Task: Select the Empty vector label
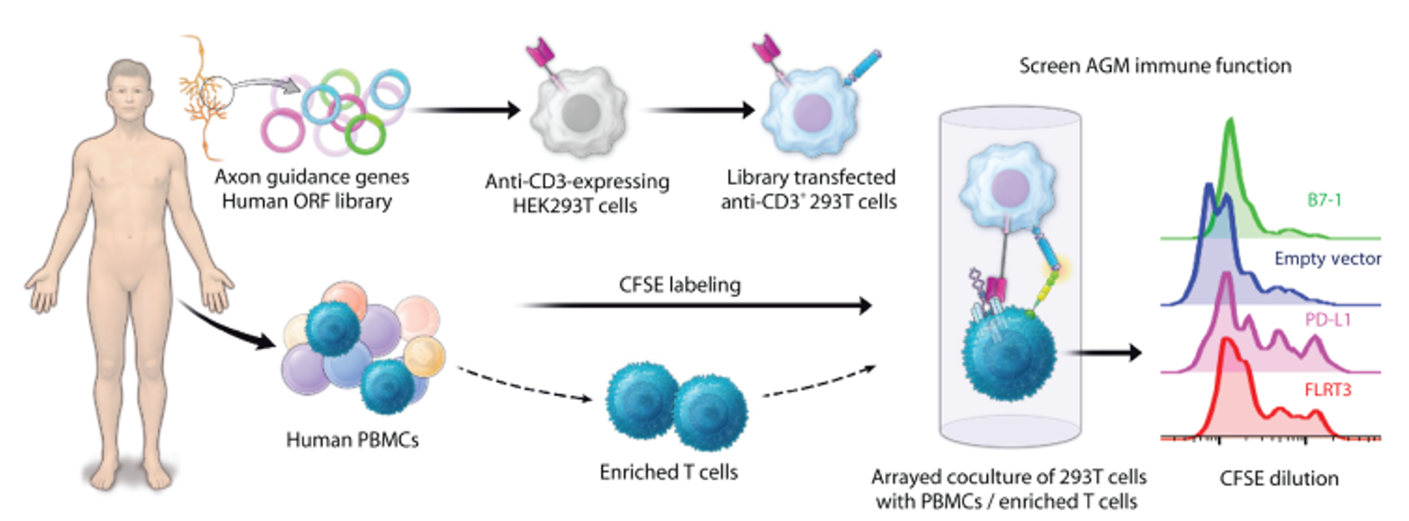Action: point(1328,258)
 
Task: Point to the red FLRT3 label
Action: point(1328,390)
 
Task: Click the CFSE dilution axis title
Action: point(1279,479)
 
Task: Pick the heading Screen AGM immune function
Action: point(1155,66)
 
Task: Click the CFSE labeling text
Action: point(679,285)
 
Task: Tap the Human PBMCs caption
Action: point(352,440)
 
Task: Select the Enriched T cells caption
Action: point(668,472)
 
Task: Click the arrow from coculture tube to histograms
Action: point(1105,353)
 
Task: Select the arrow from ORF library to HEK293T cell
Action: point(465,110)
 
